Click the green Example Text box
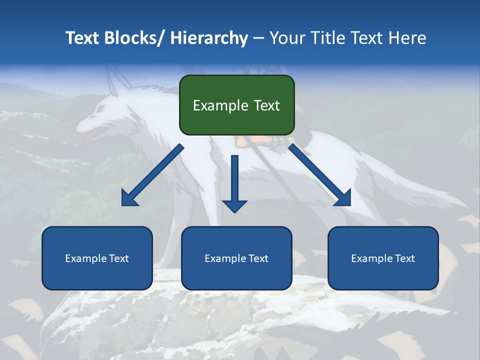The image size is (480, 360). coord(236,105)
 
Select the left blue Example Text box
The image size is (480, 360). coord(97,258)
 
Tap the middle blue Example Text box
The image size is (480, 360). coord(236,258)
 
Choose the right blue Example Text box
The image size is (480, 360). coord(383,258)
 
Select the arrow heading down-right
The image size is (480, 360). coord(320,175)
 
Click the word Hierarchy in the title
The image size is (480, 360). coord(209,38)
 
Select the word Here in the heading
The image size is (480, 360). coord(406,38)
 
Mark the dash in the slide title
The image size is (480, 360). coord(258,38)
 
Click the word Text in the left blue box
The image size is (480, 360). coord(118,258)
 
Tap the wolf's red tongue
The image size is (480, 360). coord(88,137)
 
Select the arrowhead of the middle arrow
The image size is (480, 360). coord(234,205)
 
